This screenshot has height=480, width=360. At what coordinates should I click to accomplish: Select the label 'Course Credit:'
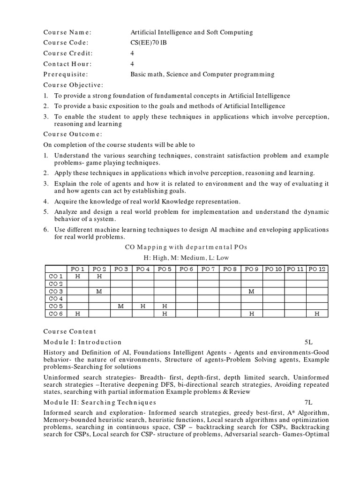[68, 53]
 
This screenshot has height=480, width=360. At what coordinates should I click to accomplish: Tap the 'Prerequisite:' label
[66, 74]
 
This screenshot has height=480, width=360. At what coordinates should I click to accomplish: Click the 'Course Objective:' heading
[73, 85]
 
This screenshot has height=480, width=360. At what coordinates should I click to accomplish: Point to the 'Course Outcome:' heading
[73, 134]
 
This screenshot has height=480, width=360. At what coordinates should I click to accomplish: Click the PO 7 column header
[208, 269]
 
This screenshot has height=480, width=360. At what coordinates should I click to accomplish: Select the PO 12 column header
[317, 269]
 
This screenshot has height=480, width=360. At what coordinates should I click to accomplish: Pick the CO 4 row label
[56, 299]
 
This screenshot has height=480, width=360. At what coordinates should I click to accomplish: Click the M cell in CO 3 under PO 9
[252, 292]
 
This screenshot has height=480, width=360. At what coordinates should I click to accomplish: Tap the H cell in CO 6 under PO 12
[317, 314]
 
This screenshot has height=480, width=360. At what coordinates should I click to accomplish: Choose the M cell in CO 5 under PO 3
[121, 306]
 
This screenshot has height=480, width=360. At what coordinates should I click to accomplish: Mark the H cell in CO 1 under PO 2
[99, 277]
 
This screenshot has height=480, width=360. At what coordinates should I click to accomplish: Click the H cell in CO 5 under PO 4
[143, 306]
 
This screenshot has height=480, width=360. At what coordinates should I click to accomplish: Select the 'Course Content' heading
[70, 331]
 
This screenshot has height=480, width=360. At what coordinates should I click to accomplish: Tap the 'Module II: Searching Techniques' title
[100, 402]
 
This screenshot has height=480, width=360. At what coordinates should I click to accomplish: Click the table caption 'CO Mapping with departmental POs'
[186, 247]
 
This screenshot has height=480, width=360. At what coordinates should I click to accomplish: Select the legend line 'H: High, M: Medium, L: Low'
[186, 258]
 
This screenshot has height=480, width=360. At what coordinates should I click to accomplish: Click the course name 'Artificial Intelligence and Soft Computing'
[191, 32]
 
